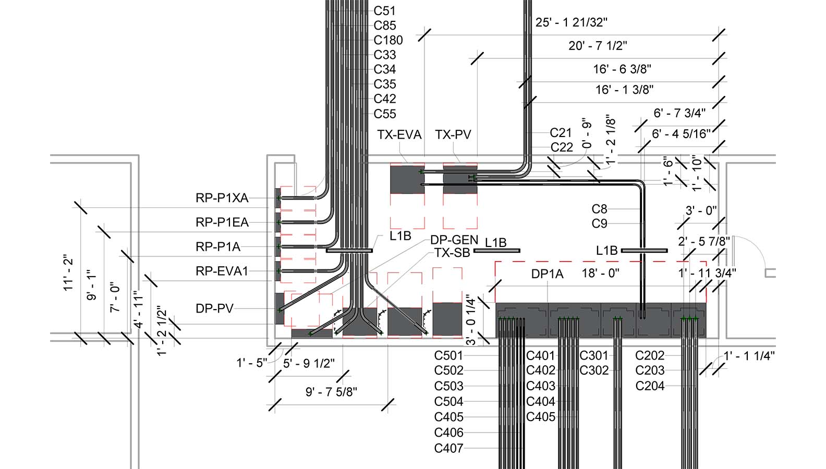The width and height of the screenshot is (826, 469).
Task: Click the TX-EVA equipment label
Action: [399, 135]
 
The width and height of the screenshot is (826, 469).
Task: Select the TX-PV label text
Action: [453, 135]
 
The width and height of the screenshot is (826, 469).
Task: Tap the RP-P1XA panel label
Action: [222, 198]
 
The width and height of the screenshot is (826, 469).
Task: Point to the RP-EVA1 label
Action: [222, 271]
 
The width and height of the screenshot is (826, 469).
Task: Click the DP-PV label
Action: [214, 308]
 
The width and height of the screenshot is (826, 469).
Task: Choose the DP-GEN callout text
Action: [454, 240]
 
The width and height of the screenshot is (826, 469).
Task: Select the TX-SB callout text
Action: [452, 253]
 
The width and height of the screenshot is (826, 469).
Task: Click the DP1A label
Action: [547, 274]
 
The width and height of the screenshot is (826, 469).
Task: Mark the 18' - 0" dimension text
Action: [600, 273]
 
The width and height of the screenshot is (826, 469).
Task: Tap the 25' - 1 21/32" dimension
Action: [571, 22]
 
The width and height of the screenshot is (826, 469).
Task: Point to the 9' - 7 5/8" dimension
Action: [331, 392]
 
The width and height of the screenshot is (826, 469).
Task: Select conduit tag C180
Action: [388, 40]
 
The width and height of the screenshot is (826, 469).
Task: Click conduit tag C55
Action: [385, 114]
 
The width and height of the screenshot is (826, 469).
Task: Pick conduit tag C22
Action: [561, 147]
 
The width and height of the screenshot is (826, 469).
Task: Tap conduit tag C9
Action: [599, 224]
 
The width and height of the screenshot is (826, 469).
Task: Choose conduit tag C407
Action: [448, 448]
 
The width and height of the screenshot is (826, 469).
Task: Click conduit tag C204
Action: [650, 386]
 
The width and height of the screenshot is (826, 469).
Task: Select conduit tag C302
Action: [594, 371]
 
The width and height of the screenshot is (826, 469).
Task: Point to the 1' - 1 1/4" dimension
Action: [749, 356]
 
